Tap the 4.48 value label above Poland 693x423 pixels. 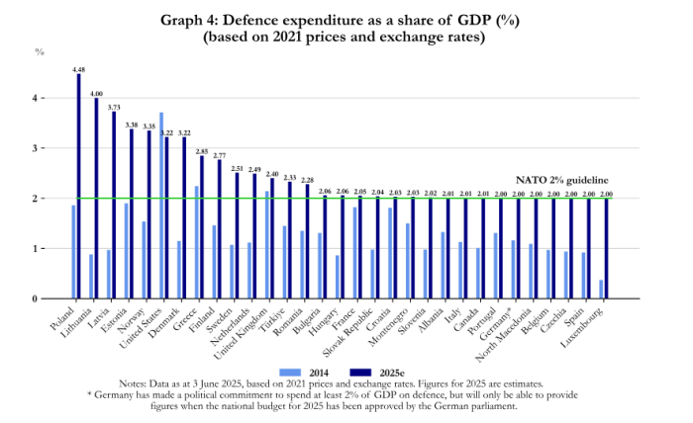point(78,68)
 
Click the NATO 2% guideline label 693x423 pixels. point(558,180)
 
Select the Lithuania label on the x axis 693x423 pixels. point(78,328)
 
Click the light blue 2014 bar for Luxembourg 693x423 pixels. point(601,289)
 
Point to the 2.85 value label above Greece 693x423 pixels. point(202,151)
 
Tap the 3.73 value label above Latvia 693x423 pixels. point(115,106)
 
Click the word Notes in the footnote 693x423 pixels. point(134,382)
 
